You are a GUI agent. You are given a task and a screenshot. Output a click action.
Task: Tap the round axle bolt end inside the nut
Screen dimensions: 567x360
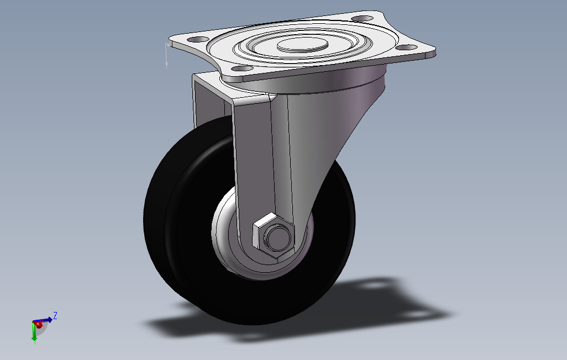[277, 237]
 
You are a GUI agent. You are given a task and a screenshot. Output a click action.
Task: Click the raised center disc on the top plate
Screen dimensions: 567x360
[302, 45]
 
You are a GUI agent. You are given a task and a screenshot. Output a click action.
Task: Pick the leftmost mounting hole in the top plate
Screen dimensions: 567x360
[198, 39]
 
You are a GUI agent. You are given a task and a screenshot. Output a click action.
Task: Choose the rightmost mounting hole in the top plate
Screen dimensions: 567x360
[406, 47]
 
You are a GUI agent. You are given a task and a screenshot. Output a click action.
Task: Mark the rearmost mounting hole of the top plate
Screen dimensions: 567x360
[363, 18]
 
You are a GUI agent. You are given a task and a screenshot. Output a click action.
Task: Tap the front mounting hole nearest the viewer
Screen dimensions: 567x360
[242, 68]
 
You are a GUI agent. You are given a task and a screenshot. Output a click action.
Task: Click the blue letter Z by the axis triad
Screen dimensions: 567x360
[55, 315]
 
